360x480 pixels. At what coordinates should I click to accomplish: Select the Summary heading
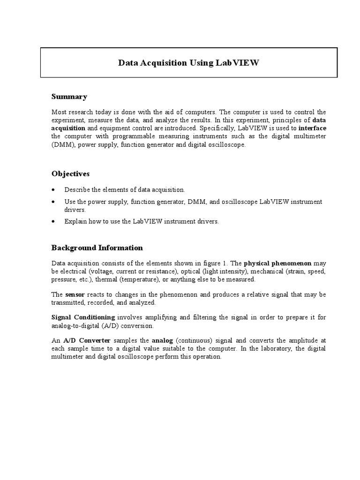pyautogui.click(x=69, y=97)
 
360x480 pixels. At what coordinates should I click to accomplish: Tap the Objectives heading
pyautogui.click(x=70, y=173)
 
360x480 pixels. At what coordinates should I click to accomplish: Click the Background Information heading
pyautogui.click(x=97, y=247)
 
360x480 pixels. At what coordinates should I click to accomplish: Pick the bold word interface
pyautogui.click(x=312, y=127)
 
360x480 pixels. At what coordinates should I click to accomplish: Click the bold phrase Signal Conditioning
pyautogui.click(x=83, y=317)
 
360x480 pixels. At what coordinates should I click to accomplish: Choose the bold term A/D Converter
pyautogui.click(x=82, y=340)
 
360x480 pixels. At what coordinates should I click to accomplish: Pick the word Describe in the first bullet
pyautogui.click(x=78, y=190)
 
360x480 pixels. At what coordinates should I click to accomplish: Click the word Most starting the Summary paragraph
pyautogui.click(x=59, y=112)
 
